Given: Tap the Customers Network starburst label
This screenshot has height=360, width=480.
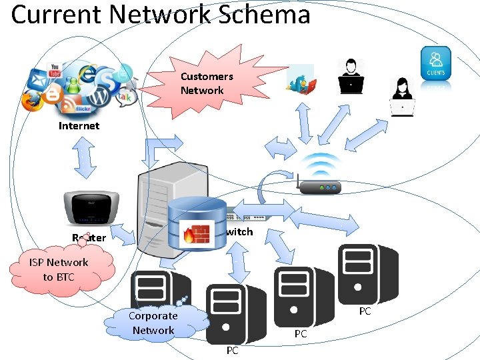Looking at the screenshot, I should point(207,83).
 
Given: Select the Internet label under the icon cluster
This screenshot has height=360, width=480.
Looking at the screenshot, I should point(79,125).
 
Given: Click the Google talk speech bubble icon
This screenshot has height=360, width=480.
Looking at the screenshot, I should point(125,97).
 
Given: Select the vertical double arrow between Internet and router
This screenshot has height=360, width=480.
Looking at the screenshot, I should point(85,159).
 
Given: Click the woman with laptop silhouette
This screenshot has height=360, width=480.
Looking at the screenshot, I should point(403,97).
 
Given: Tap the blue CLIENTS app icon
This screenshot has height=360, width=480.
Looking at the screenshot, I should point(437,64).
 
